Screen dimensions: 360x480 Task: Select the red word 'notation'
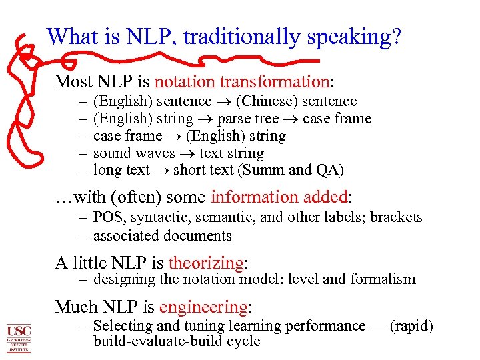pos(185,81)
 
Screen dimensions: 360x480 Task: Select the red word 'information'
pos(245,197)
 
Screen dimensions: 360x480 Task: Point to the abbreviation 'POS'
pos(107,217)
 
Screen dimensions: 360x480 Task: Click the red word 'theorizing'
pos(207,263)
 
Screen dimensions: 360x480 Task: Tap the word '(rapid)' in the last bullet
pos(412,325)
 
